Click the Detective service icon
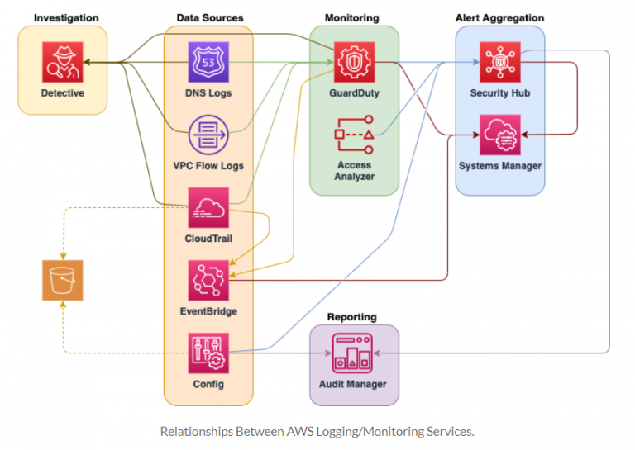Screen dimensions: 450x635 [x=63, y=62]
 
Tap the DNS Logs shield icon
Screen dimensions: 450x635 [x=208, y=62]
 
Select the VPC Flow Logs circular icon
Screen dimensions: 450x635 [x=208, y=134]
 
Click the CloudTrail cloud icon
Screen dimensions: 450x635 [x=208, y=207]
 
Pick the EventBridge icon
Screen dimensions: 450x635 [x=208, y=280]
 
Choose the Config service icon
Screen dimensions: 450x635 [x=208, y=353]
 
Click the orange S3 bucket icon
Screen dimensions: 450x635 [x=63, y=280]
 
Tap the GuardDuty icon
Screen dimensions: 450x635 [x=354, y=62]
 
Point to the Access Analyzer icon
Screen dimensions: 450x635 [x=354, y=134]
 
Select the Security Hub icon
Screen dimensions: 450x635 [x=500, y=62]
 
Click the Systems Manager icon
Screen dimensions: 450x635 [x=500, y=134]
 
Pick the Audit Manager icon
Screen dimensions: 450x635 [x=354, y=353]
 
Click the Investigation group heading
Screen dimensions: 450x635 [x=66, y=17]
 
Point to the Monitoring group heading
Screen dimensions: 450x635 [x=352, y=17]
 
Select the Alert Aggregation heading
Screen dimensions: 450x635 [x=500, y=17]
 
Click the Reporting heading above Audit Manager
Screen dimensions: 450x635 [x=351, y=317]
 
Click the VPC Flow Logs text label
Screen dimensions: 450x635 [x=208, y=166]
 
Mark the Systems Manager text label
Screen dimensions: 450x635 [x=500, y=166]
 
